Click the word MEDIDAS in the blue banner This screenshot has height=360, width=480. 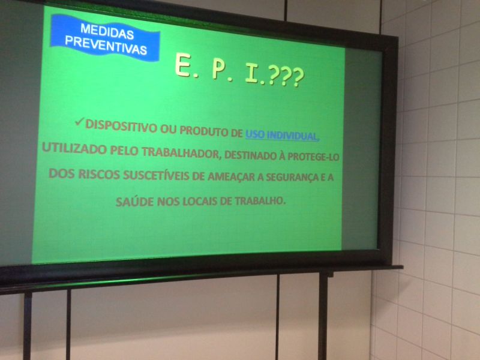click(107, 32)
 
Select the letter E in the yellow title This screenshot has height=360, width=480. click(183, 64)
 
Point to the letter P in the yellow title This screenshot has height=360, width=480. click(219, 70)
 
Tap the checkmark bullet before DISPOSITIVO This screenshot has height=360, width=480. click(79, 122)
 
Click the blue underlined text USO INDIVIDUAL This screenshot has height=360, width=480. click(281, 136)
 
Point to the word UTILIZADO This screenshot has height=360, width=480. click(74, 148)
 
